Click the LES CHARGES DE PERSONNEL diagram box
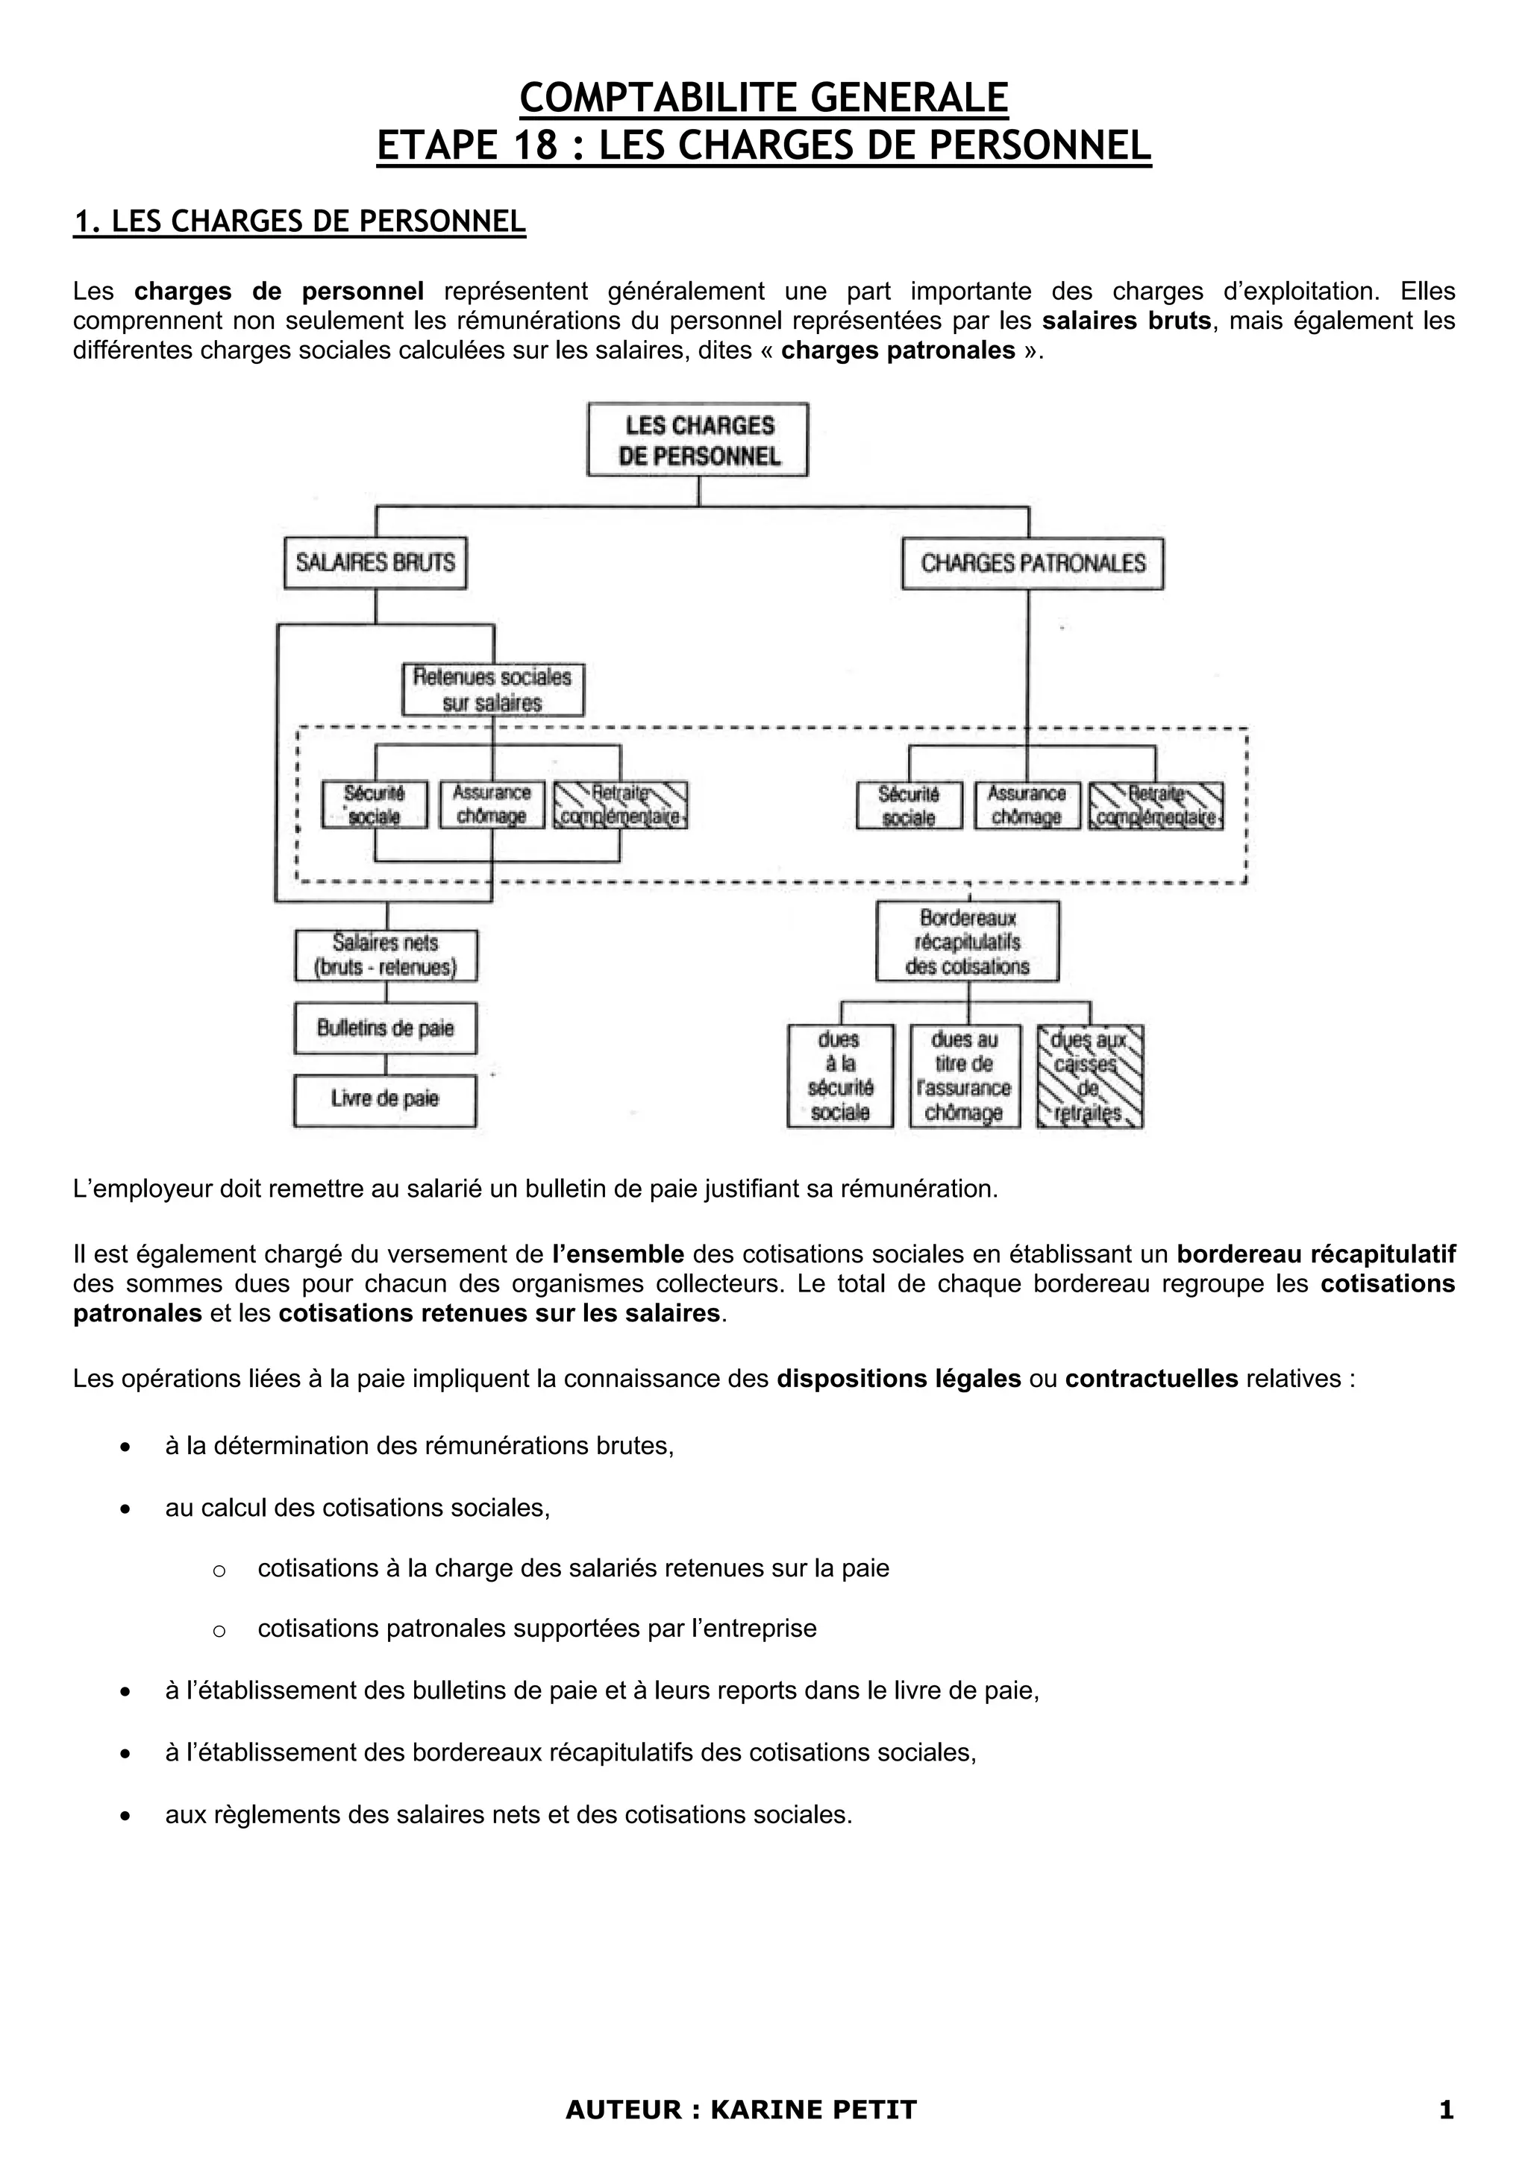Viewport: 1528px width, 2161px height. click(698, 439)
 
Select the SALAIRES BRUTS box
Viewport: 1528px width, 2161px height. click(375, 563)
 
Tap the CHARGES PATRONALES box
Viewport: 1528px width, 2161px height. click(1032, 563)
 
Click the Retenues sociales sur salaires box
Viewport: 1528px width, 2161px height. click(492, 690)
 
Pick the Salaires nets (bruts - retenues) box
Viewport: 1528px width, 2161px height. click(386, 955)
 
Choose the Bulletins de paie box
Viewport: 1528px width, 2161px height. click(385, 1028)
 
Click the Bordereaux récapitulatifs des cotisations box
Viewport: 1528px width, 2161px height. click(967, 941)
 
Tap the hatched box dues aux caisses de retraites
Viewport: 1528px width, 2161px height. click(1089, 1076)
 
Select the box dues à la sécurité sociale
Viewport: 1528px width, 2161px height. click(840, 1076)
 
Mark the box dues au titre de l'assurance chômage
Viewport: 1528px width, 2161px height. click(964, 1076)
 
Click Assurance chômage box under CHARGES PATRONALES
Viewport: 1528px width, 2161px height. click(1026, 805)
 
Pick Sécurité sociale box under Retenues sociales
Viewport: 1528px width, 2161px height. click(374, 805)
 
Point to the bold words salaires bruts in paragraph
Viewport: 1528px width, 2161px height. click(1126, 321)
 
